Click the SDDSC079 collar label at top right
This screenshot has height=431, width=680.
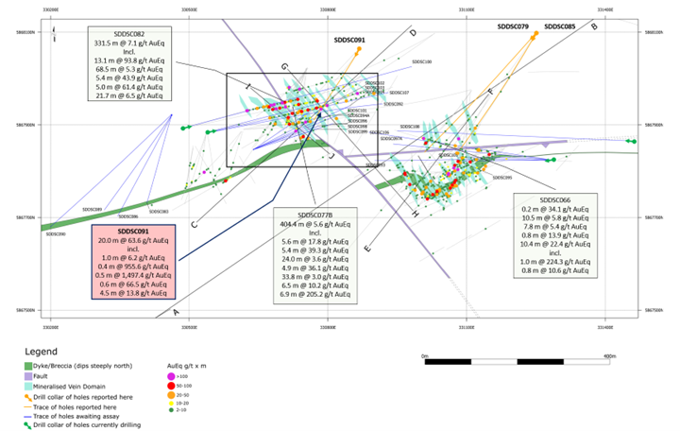[x=513, y=27]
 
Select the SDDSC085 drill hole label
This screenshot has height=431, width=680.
[x=560, y=27]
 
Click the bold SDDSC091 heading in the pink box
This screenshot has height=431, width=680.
[x=133, y=231]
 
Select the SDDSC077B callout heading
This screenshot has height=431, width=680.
[x=315, y=214]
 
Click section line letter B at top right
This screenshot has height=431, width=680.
[x=594, y=26]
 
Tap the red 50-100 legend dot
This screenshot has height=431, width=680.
[x=170, y=387]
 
